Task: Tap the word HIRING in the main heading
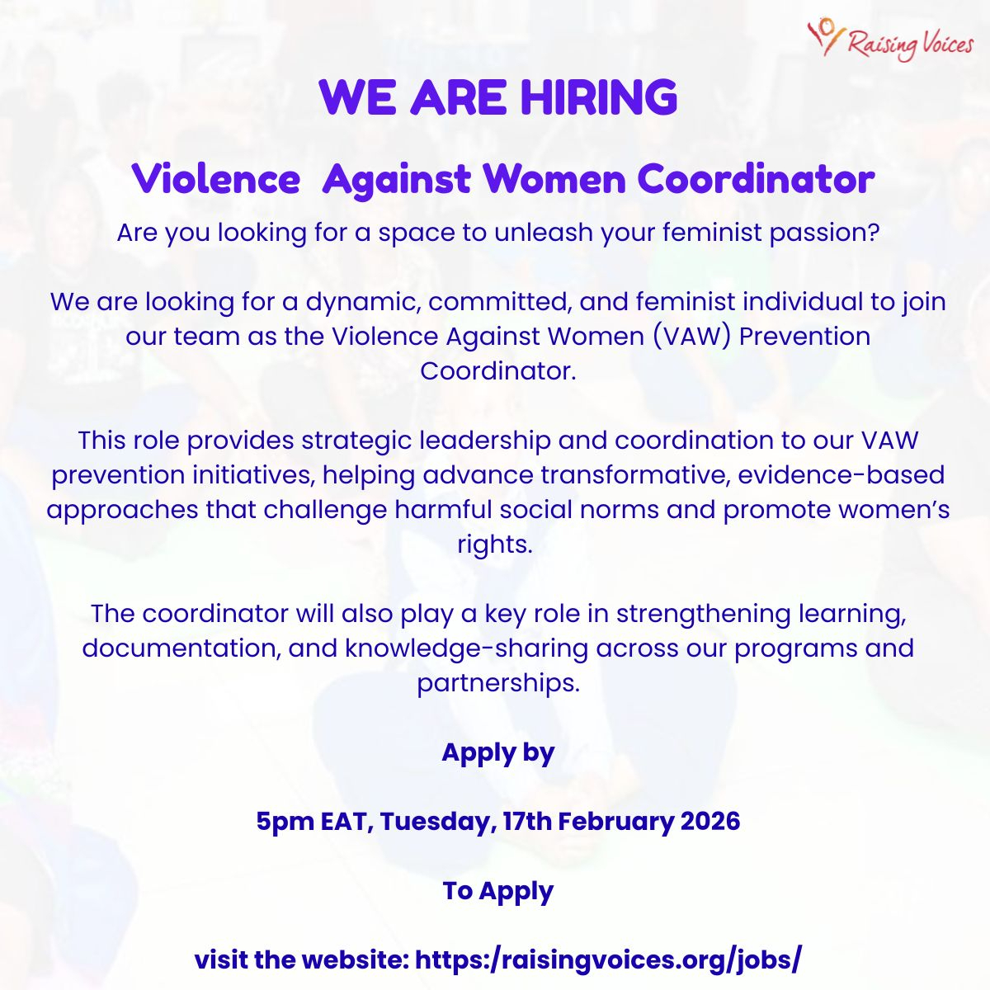[599, 97]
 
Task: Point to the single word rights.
[495, 544]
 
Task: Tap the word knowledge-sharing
[466, 649]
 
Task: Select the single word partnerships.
[498, 683]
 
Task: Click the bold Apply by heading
[498, 754]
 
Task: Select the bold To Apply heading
[498, 891]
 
